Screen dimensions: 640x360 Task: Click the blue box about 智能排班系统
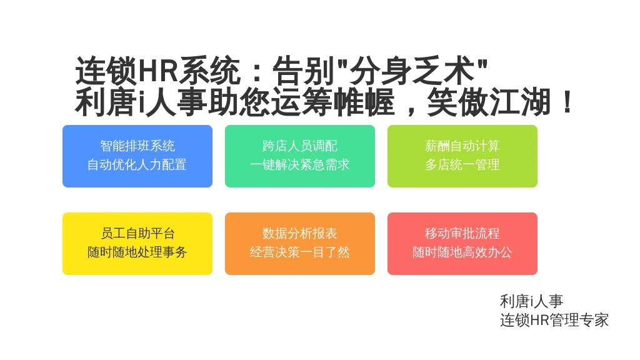coord(137,156)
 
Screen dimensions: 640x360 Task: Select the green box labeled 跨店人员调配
coord(299,156)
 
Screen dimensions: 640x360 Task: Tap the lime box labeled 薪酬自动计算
coord(462,156)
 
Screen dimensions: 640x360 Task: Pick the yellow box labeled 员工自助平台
coord(137,244)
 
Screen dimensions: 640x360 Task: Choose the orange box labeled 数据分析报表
coord(299,244)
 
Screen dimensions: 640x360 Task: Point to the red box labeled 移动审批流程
coord(462,244)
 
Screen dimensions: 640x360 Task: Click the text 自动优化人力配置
coord(137,165)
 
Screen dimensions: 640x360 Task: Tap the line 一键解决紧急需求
coord(299,165)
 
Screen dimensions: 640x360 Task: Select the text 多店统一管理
coord(462,165)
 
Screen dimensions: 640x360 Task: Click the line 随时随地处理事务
coord(137,252)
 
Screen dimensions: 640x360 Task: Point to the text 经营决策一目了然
coord(299,252)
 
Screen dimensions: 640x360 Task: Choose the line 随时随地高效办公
coord(462,252)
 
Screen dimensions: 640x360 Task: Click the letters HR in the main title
coord(158,71)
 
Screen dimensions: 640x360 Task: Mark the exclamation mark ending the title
coord(567,102)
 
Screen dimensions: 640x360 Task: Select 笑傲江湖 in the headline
coord(489,102)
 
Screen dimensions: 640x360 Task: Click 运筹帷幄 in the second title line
coord(333,102)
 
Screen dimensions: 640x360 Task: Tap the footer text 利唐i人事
coord(531,302)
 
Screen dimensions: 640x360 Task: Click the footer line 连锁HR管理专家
coord(554,320)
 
